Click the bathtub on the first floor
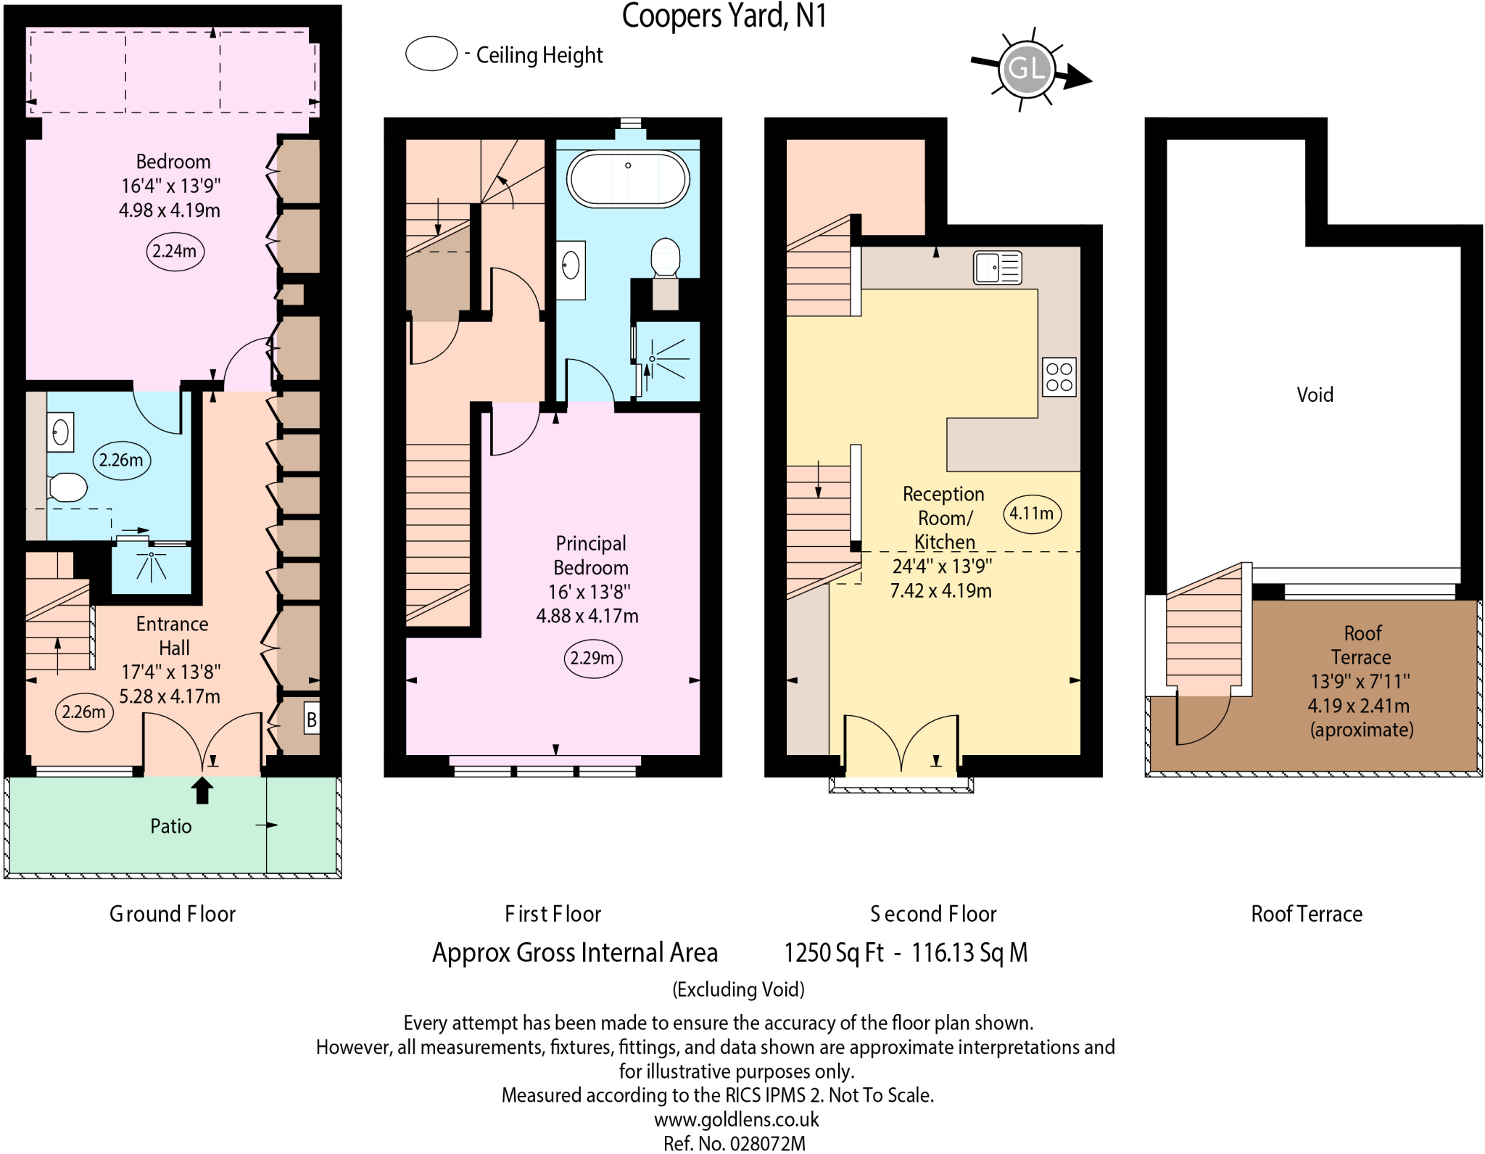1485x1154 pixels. pyautogui.click(x=628, y=178)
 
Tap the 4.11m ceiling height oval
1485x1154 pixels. pyautogui.click(x=1031, y=514)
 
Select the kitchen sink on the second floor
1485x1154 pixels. pyautogui.click(x=997, y=268)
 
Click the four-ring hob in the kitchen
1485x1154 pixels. pyautogui.click(x=1059, y=377)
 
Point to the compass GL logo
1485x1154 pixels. pyautogui.click(x=1026, y=70)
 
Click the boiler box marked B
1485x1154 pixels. pyautogui.click(x=311, y=720)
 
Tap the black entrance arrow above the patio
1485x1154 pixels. pyautogui.click(x=202, y=790)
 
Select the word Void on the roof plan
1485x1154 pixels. pyautogui.click(x=1315, y=395)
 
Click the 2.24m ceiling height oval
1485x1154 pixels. pyautogui.click(x=175, y=251)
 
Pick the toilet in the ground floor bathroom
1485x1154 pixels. pyautogui.click(x=67, y=487)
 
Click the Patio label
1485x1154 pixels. pyautogui.click(x=171, y=826)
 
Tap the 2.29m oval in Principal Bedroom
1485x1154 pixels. pyautogui.click(x=592, y=658)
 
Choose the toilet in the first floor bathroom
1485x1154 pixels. pyautogui.click(x=665, y=257)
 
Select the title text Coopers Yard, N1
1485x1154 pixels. pyautogui.click(x=724, y=16)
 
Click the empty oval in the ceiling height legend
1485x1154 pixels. pyautogui.click(x=431, y=54)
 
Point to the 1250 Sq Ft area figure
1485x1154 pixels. pyautogui.click(x=833, y=952)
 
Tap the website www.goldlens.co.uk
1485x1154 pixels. pyautogui.click(x=736, y=1119)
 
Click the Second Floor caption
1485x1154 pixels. pyautogui.click(x=933, y=914)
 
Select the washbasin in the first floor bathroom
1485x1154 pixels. pyautogui.click(x=571, y=265)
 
